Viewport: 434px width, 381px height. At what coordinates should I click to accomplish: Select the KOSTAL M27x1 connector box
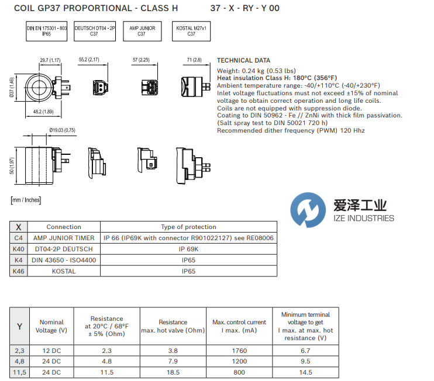pyautogui.click(x=191, y=31)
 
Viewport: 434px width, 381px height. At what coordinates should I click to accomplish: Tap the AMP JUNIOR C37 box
pyautogui.click(x=142, y=31)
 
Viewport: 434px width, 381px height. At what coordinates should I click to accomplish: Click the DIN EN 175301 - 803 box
pyautogui.click(x=47, y=31)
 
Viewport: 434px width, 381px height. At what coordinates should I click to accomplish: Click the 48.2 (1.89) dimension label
pyautogui.click(x=43, y=112)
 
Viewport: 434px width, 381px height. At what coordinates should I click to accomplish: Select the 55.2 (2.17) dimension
pyautogui.click(x=89, y=60)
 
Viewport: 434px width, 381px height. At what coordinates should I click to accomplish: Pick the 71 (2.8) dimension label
pyautogui.click(x=194, y=60)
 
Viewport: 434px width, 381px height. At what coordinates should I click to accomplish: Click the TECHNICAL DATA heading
pyautogui.click(x=243, y=60)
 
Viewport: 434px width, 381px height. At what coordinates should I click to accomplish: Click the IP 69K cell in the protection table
pyautogui.click(x=188, y=249)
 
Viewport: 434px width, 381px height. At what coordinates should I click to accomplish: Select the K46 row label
pyautogui.click(x=19, y=271)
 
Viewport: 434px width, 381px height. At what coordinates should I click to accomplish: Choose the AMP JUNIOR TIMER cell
pyautogui.click(x=64, y=238)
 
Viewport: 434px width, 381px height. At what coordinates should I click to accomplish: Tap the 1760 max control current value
pyautogui.click(x=239, y=351)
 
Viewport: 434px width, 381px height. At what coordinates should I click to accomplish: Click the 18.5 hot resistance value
pyautogui.click(x=173, y=372)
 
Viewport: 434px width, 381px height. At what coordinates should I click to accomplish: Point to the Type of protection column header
pyautogui.click(x=188, y=227)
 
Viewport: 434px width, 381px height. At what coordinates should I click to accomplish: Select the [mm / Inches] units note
pyautogui.click(x=26, y=200)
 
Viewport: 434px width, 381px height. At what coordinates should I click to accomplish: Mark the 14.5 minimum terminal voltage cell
pyautogui.click(x=305, y=372)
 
